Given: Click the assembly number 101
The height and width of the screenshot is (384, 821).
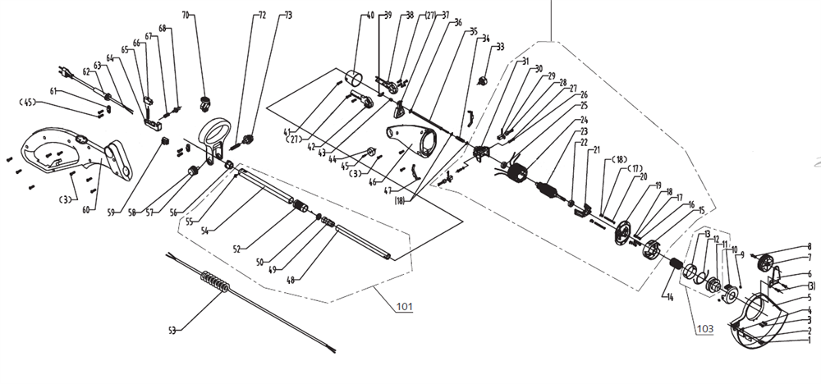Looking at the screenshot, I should point(404,308).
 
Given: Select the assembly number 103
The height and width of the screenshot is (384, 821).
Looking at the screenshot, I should point(704,328).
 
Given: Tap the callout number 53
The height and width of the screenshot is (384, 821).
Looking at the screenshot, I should point(172,331).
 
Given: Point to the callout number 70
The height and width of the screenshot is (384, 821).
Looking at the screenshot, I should point(185,16).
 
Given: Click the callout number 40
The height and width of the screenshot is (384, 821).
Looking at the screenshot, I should point(370,16).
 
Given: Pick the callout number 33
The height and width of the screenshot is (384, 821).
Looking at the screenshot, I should point(501,46).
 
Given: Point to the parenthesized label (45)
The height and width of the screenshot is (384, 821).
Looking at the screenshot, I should point(27,103).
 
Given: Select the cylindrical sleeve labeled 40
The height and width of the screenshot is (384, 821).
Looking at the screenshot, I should point(355,80).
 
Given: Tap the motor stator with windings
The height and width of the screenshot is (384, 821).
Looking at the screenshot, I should point(516,178).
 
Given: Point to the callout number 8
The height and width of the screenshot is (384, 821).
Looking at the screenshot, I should point(810,245).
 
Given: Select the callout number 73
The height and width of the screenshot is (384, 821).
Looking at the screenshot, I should point(287,16).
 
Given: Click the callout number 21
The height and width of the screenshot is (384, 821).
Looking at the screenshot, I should point(597,149).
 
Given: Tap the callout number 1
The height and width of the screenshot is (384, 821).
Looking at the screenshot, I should point(809,340).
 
